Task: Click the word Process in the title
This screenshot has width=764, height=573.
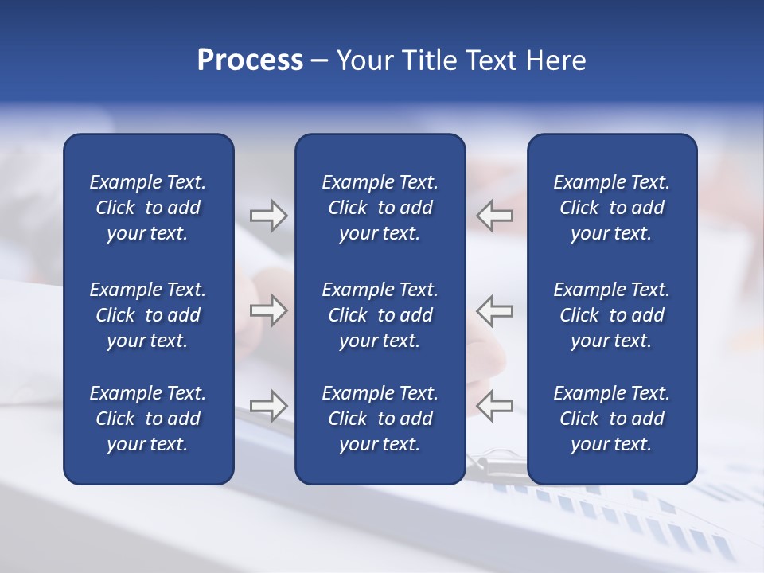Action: pos(250,60)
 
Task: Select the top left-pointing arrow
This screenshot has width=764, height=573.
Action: pos(494,216)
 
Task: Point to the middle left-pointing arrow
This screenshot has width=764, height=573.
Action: pos(494,310)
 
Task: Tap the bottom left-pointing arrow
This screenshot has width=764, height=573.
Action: pos(494,406)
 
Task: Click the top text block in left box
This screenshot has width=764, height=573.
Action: pos(148,208)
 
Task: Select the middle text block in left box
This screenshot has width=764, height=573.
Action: pos(148,315)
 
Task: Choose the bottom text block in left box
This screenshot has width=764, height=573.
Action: pos(148,419)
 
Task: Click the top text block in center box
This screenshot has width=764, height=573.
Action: pos(380,208)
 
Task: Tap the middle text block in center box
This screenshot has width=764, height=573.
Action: pos(380,315)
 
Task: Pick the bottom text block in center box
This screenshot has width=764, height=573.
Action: pos(380,419)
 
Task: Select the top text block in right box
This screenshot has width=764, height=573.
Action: pos(611,208)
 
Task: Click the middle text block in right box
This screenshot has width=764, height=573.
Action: pos(611,315)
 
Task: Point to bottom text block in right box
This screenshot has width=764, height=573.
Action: pos(611,419)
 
